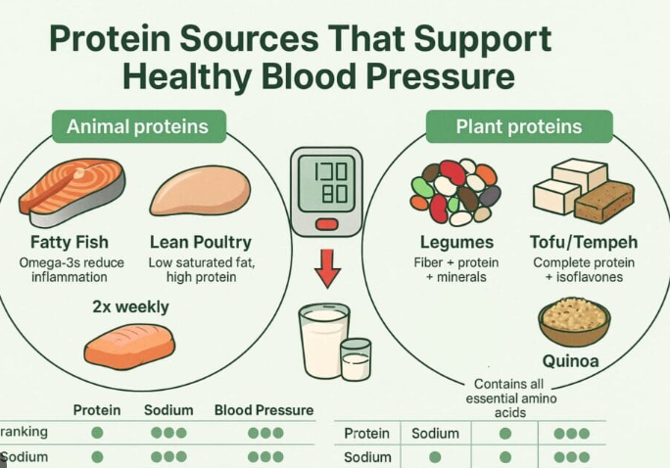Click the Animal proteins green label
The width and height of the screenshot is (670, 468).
coord(137,126)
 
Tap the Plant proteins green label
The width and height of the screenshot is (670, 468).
coord(518,126)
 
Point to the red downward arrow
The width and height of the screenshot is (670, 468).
coord(327,266)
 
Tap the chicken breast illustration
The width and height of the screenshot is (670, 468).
coord(200,191)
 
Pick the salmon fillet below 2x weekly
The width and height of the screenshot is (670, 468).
coord(128,346)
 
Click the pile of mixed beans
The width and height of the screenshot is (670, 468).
coord(455,192)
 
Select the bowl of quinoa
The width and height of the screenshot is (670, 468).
coord(574,321)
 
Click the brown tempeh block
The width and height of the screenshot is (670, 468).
coord(603,201)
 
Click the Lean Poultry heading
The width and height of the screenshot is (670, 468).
coord(200,242)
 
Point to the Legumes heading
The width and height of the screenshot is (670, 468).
coord(455,242)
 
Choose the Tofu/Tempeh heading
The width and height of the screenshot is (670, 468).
coord(585,242)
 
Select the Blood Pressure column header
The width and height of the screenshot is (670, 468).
coord(263,410)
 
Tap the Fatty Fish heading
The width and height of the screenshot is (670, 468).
coord(70,242)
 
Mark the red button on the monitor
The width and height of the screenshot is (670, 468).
coord(327,225)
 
